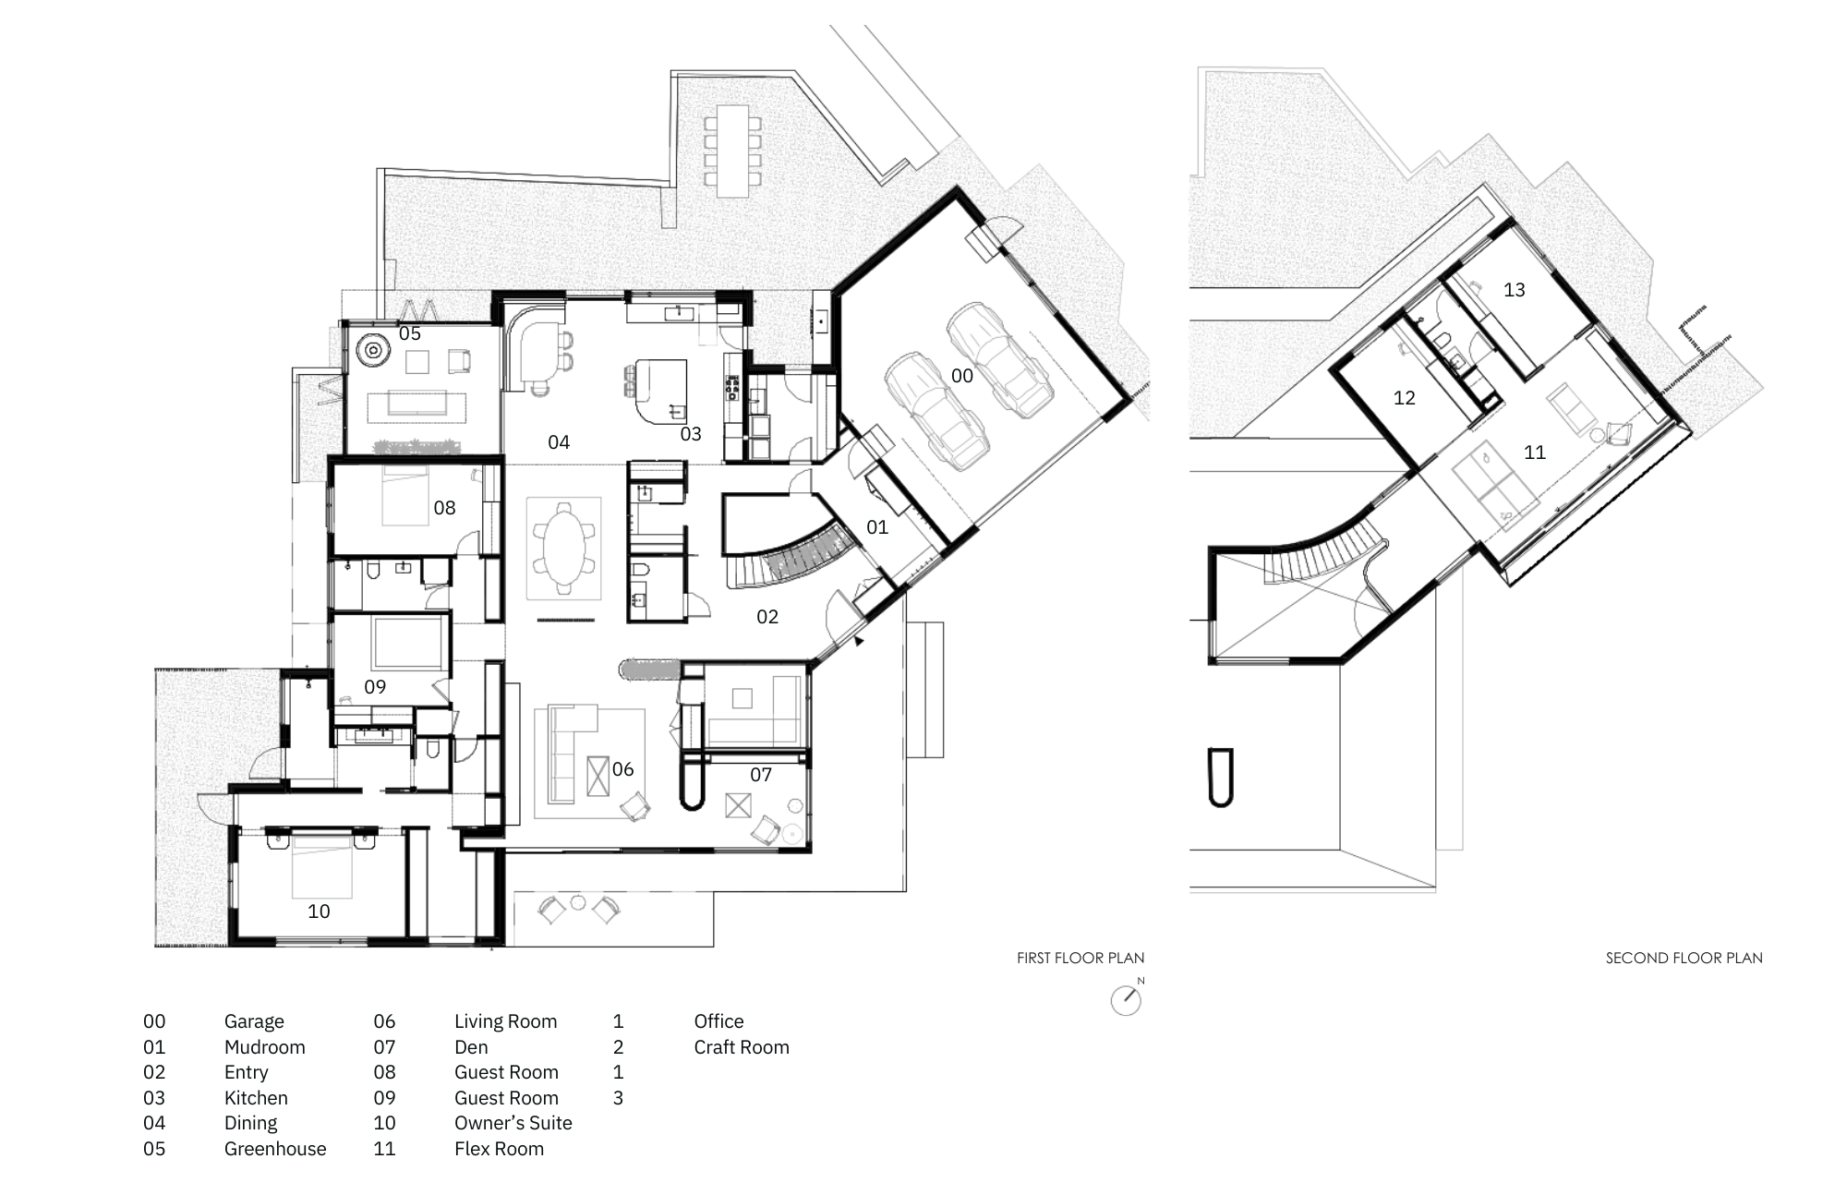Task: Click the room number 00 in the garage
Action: pyautogui.click(x=961, y=376)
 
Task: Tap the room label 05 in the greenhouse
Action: pyautogui.click(x=409, y=333)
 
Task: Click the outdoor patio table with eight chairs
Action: pyautogui.click(x=732, y=150)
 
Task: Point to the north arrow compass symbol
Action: pyautogui.click(x=1126, y=1000)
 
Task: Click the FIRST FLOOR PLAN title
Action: pyautogui.click(x=1080, y=958)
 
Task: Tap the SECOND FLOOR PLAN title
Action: pyautogui.click(x=1684, y=958)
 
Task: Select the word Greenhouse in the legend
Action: pyautogui.click(x=275, y=1149)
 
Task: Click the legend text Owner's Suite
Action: pyautogui.click(x=513, y=1123)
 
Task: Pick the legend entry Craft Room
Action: pyautogui.click(x=742, y=1047)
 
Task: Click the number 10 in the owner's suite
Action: pyautogui.click(x=319, y=911)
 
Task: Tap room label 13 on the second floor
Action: pyautogui.click(x=1514, y=290)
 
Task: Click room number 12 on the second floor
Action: pyautogui.click(x=1404, y=398)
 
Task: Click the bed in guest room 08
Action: pyautogui.click(x=405, y=496)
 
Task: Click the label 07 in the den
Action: pyautogui.click(x=760, y=775)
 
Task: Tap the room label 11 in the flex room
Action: pyautogui.click(x=1534, y=453)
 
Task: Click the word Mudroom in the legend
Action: pyautogui.click(x=264, y=1047)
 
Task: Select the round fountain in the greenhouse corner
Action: pyautogui.click(x=373, y=350)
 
